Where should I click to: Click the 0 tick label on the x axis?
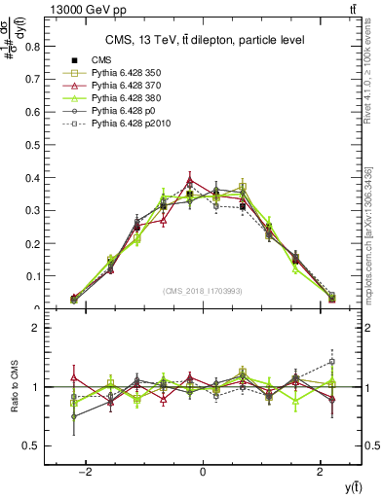pyautogui.click(x=203, y=472)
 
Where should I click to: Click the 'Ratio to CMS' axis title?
pyautogui.click(x=13, y=387)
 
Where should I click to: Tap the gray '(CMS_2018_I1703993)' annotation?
pyautogui.click(x=203, y=291)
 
